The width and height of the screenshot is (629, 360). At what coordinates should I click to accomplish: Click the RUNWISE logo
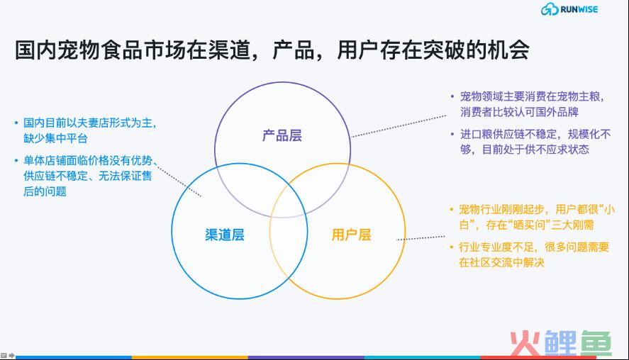tap(569, 9)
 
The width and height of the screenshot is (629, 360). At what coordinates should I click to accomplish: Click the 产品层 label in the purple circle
tap(282, 135)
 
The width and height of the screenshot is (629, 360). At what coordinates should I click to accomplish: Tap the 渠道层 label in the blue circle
tap(225, 235)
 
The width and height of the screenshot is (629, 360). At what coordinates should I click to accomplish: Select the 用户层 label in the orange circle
tap(352, 235)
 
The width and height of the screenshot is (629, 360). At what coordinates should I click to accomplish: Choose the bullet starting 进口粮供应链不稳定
tap(530, 142)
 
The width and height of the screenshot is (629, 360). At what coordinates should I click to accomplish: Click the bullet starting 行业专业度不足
tap(530, 254)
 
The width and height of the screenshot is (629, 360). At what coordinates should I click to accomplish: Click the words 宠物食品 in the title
tap(100, 50)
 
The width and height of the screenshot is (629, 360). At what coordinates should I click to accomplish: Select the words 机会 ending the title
tap(508, 50)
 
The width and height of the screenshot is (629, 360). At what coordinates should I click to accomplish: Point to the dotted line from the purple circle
tap(399, 126)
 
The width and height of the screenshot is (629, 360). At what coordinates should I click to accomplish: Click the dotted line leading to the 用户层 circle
tap(421, 238)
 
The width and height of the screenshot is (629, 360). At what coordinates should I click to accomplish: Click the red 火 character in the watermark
tap(525, 343)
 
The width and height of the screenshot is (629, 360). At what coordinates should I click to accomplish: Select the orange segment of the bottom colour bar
tap(190, 357)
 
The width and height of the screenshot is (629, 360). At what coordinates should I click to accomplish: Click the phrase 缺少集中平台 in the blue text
tap(55, 138)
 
